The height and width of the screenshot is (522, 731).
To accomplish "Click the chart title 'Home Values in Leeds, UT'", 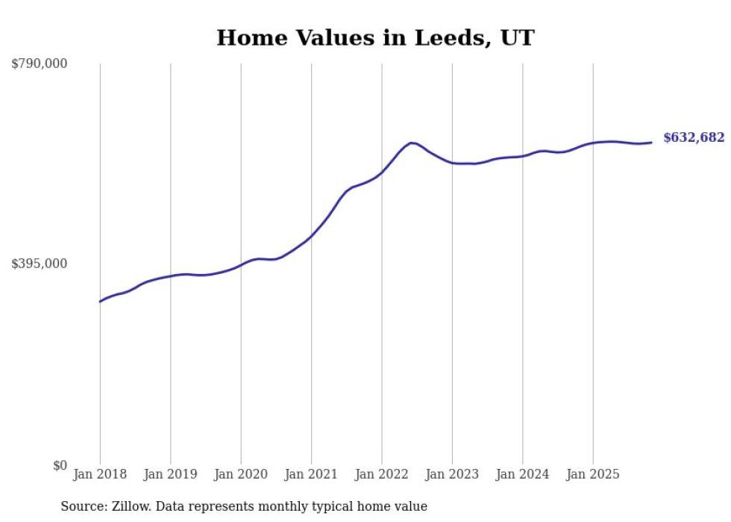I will pos(375,37).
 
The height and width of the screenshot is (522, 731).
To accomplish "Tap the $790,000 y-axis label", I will pos(39,64).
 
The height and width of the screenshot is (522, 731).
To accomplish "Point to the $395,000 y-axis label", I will pos(39,264).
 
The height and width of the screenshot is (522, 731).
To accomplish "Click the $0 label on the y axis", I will pos(60,465).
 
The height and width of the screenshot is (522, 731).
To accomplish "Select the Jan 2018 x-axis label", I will pos(100,474).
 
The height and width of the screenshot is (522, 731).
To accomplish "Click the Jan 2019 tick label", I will pos(170,474).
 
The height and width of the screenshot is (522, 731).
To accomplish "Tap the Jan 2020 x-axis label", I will pos(241,474).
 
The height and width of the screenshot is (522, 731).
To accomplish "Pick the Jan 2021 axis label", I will pos(311,474).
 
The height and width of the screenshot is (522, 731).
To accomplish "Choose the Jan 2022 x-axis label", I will pos(382,474).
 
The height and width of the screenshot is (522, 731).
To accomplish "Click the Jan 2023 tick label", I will pos(452,474).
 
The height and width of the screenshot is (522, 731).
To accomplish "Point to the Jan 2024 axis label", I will pos(523,474).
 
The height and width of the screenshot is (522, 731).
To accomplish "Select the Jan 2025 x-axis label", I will pos(593,474).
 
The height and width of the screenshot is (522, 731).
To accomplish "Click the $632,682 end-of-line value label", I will pos(694,137).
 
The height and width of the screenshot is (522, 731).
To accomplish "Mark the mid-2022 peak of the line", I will pos(411,142).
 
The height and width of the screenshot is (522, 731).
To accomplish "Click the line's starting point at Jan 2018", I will pos(100,302).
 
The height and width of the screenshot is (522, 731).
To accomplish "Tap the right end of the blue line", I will pos(651,143).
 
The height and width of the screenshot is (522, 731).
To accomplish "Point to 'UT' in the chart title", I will pos(518,37).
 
